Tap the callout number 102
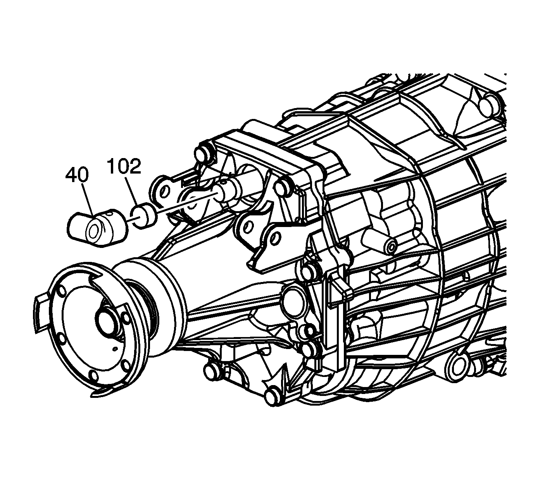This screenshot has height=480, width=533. [124, 167]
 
